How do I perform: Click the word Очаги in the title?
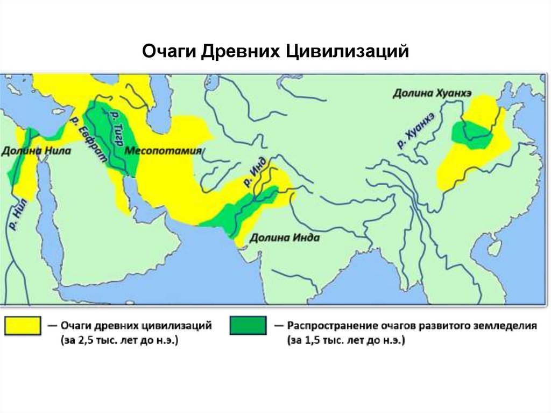pos(168,52)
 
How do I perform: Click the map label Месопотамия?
pos(163,151)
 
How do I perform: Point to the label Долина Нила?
pos(36,151)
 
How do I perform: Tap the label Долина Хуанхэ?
pos(432,93)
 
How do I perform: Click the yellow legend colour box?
pos(23,326)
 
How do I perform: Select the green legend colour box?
pos(248,326)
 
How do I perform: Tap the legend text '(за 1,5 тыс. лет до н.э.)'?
pos(347,341)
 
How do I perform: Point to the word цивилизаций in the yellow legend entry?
pos(177,326)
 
